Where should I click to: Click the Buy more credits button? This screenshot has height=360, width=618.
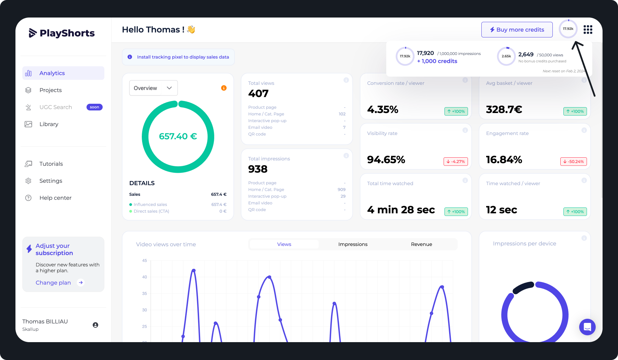pyautogui.click(x=517, y=30)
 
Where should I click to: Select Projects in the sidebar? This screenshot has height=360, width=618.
pyautogui.click(x=50, y=90)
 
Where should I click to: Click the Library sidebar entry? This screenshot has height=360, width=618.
pyautogui.click(x=49, y=124)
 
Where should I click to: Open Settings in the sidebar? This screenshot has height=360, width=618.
pyautogui.click(x=51, y=181)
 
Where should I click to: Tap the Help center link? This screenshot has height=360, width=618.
pyautogui.click(x=55, y=198)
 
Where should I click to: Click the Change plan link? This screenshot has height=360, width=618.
pyautogui.click(x=53, y=283)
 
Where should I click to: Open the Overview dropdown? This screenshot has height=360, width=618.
pyautogui.click(x=153, y=88)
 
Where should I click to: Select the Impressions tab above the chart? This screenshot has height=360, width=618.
pyautogui.click(x=353, y=244)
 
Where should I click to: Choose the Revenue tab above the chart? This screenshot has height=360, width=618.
pyautogui.click(x=421, y=244)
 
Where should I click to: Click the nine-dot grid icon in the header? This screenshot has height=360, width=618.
pyautogui.click(x=588, y=30)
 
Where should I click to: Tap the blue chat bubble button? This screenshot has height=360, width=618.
pyautogui.click(x=587, y=327)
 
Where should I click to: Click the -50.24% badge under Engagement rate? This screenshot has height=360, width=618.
pyautogui.click(x=573, y=161)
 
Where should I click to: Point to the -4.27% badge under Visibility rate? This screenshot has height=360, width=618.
pyautogui.click(x=456, y=161)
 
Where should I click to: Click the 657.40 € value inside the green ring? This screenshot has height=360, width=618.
pyautogui.click(x=178, y=136)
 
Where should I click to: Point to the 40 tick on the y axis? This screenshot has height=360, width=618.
pyautogui.click(x=145, y=277)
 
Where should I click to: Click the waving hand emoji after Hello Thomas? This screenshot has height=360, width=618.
pyautogui.click(x=191, y=30)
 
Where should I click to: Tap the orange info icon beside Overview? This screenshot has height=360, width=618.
pyautogui.click(x=224, y=88)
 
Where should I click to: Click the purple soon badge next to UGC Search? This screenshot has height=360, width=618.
pyautogui.click(x=94, y=107)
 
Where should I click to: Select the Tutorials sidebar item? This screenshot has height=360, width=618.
pyautogui.click(x=51, y=164)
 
